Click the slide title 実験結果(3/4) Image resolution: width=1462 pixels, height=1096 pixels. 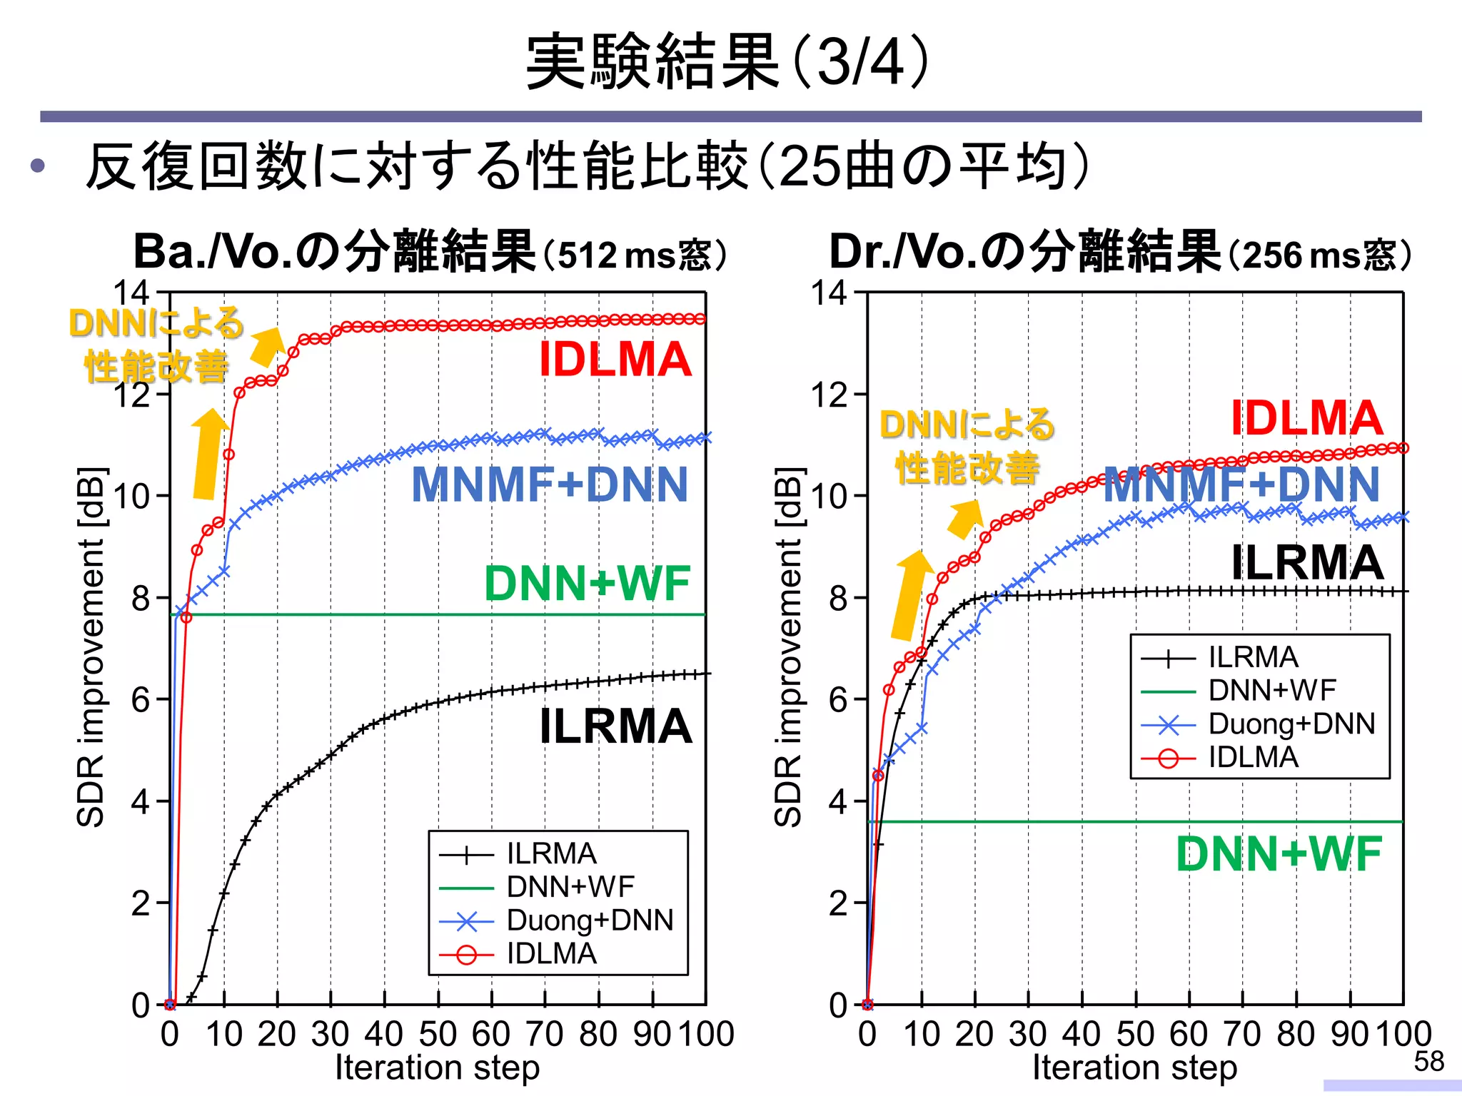tap(728, 63)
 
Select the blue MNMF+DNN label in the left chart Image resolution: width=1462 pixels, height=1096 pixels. tap(550, 485)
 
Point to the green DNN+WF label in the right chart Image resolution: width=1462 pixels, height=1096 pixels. tap(1279, 854)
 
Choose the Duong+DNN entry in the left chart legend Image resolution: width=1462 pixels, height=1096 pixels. tap(590, 920)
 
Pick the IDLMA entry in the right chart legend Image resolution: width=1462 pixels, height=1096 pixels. tap(1253, 757)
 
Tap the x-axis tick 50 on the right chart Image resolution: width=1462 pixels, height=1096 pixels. tap(1135, 1034)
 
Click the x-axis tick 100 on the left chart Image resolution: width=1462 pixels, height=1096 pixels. tap(705, 1034)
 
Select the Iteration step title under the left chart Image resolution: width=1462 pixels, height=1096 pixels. tap(437, 1068)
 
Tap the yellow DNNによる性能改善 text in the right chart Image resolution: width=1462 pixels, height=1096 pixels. tap(967, 447)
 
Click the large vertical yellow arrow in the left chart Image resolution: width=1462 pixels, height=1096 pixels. tap(208, 454)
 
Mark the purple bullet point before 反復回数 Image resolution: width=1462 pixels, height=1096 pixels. tap(38, 167)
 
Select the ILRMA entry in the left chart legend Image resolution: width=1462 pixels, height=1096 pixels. tap(551, 853)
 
